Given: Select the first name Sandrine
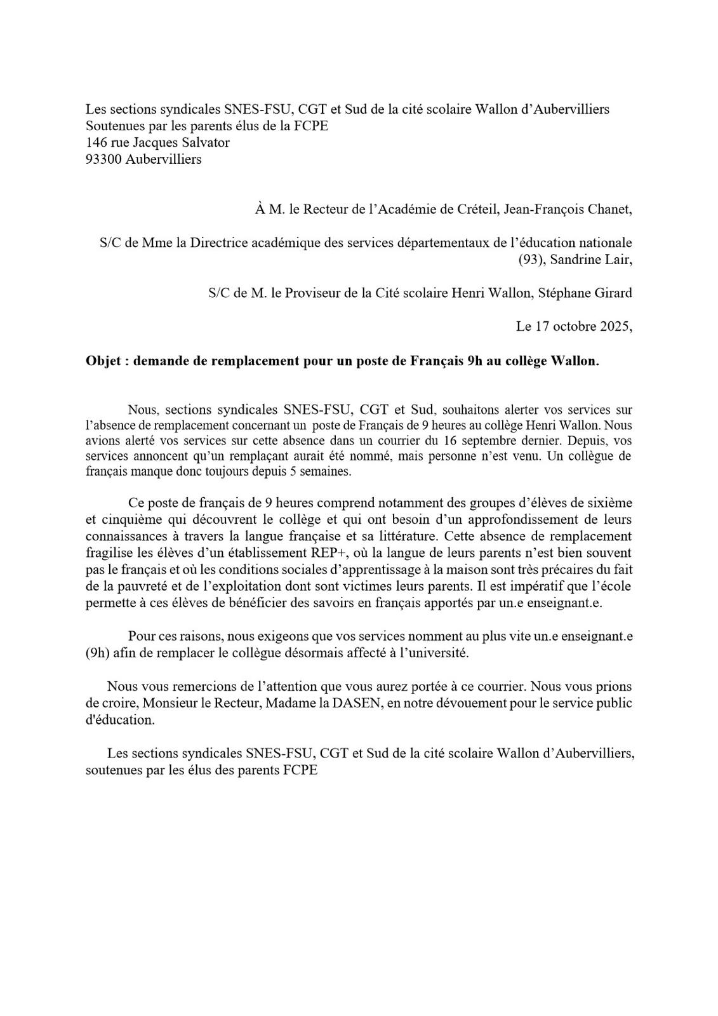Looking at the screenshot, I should tap(571, 259).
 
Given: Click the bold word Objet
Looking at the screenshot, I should tap(103, 361).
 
